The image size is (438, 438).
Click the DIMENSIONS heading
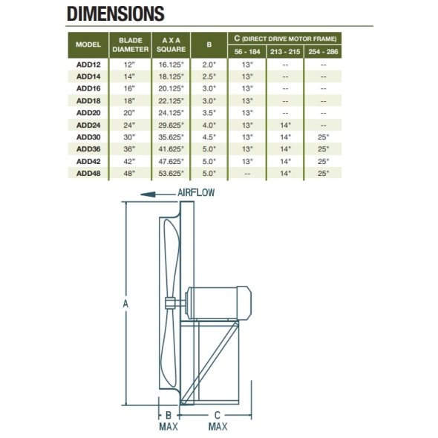pyautogui.click(x=116, y=13)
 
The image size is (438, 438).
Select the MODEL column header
pyautogui.click(x=88, y=45)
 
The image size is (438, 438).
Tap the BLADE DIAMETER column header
pyautogui.click(x=131, y=45)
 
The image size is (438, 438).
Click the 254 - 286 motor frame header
pyautogui.click(x=323, y=52)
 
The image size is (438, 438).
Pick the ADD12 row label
pyautogui.click(x=88, y=65)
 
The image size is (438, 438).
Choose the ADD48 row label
pyautogui.click(x=88, y=174)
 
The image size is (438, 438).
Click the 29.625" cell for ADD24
pyautogui.click(x=171, y=125)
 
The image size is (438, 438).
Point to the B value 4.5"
pyautogui.click(x=209, y=137)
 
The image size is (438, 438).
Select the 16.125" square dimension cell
pyautogui.click(x=171, y=65)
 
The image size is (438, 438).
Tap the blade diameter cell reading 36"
pyautogui.click(x=129, y=149)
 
